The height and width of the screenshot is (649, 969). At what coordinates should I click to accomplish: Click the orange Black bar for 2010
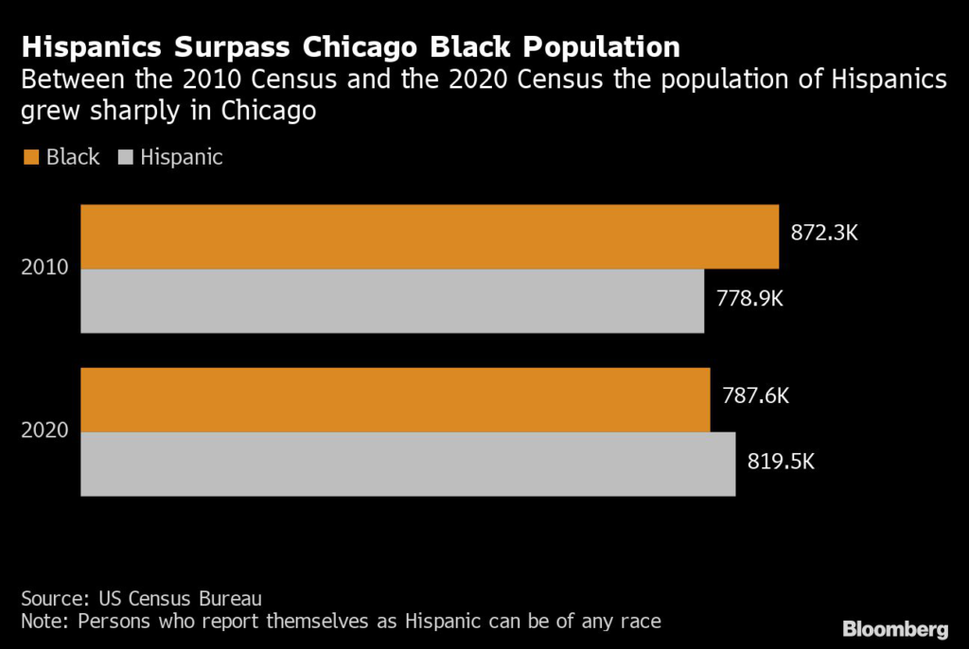pyautogui.click(x=429, y=237)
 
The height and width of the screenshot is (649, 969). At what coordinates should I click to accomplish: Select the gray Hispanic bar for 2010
pyautogui.click(x=392, y=301)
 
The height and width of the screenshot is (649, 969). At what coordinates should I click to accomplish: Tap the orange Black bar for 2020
pyautogui.click(x=395, y=400)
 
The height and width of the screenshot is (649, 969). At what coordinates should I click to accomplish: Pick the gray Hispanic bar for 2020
pyautogui.click(x=408, y=464)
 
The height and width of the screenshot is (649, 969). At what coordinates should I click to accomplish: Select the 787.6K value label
pyautogui.click(x=754, y=396)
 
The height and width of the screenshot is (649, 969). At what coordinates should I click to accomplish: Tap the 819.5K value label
pyautogui.click(x=780, y=463)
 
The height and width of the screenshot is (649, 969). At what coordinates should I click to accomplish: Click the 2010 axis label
pyautogui.click(x=44, y=268)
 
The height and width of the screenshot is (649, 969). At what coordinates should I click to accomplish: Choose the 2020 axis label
pyautogui.click(x=44, y=430)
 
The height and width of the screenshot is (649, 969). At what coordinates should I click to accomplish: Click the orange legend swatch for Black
pyautogui.click(x=29, y=158)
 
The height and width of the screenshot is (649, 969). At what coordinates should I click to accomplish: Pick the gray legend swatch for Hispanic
pyautogui.click(x=125, y=158)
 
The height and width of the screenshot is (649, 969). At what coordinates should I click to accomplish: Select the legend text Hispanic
pyautogui.click(x=182, y=157)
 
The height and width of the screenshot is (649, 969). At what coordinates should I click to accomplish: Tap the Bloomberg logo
pyautogui.click(x=894, y=628)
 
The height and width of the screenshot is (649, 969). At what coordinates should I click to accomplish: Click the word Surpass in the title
pyautogui.click(x=231, y=46)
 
